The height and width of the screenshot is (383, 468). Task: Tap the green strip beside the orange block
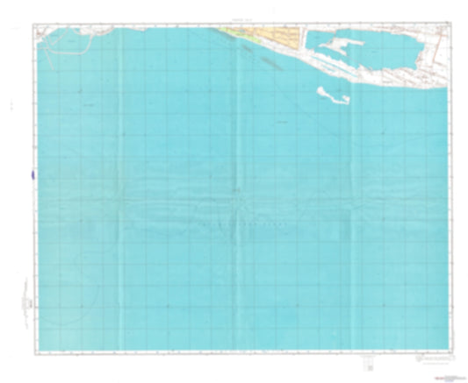tap(235, 34)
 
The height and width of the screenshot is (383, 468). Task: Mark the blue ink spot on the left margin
tap(32, 174)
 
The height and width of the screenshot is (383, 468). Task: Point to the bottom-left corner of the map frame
tap(37, 353)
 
